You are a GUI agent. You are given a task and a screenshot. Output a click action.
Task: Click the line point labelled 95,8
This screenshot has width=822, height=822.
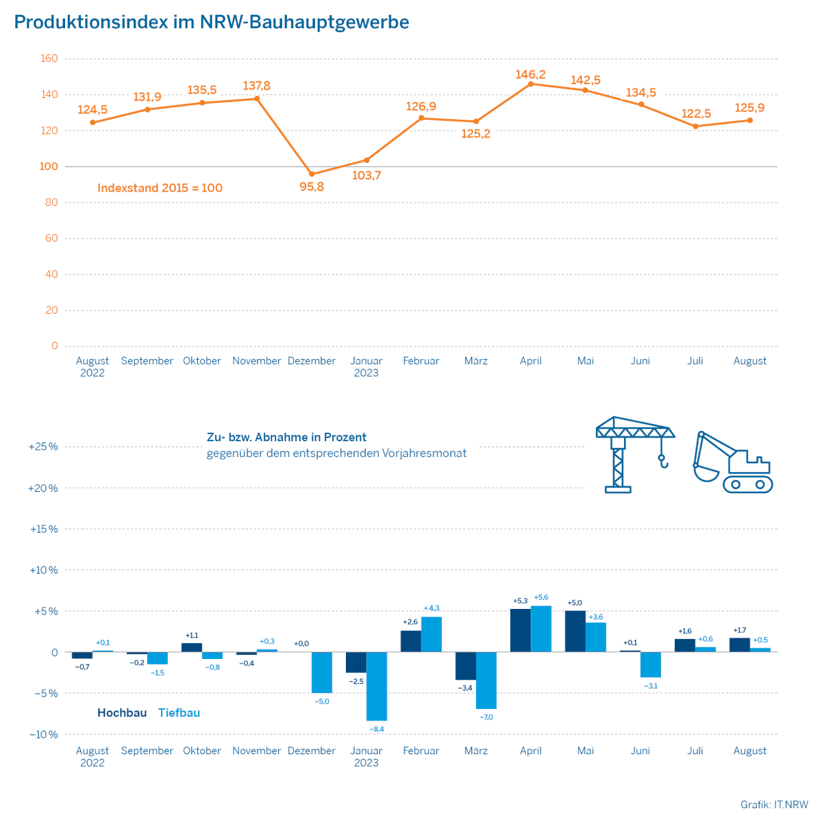[x=312, y=174]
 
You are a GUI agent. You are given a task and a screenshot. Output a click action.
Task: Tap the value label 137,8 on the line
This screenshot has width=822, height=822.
[x=257, y=86]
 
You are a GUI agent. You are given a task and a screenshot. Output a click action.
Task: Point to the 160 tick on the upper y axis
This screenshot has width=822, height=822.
[x=49, y=59]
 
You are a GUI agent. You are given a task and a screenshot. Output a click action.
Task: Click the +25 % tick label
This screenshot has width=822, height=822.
[x=42, y=447]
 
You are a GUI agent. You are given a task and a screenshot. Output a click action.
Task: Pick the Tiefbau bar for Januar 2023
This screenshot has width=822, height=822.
[x=377, y=686]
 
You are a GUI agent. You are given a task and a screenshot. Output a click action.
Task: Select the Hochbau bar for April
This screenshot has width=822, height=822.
[x=521, y=630]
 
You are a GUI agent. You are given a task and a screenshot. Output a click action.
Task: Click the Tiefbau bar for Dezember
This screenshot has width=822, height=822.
[x=322, y=672]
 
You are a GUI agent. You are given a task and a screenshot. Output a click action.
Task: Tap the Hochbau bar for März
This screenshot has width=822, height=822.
[x=466, y=666]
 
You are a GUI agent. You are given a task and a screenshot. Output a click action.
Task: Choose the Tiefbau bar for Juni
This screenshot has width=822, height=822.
[x=651, y=664]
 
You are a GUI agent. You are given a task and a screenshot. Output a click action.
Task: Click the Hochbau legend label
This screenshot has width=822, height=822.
[x=122, y=713]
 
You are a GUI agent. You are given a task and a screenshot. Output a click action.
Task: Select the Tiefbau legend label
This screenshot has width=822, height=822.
[x=179, y=713]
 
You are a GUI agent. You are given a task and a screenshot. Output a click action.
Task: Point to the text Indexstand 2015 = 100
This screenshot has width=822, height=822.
[x=160, y=188]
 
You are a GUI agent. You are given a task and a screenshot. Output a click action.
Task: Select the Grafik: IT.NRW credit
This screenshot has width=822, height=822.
[x=774, y=804]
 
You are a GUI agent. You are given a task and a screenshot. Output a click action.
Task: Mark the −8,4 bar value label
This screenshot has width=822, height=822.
[x=377, y=729]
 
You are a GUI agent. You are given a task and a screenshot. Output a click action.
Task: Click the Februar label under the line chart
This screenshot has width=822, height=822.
[x=421, y=361]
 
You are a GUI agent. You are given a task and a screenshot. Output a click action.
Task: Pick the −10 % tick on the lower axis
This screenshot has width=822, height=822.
[x=43, y=734]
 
